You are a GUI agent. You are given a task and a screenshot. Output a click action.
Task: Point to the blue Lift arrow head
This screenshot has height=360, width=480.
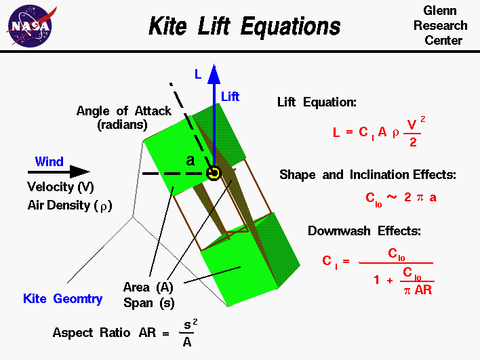point(214,73)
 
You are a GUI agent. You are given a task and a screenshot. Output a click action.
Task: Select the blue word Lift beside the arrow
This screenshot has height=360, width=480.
point(230,96)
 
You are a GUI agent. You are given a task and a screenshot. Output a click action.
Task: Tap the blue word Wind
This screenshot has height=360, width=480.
point(49,161)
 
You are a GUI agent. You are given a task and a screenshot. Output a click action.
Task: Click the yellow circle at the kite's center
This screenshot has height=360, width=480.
point(214,173)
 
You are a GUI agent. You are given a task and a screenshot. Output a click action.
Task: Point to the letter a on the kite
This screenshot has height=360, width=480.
point(191,161)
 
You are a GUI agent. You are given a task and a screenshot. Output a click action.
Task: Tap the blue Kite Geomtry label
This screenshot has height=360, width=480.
point(63,298)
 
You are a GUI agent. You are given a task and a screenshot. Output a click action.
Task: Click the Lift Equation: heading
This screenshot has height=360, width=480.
point(317,102)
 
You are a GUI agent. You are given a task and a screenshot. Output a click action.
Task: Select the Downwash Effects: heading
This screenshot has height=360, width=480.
point(364,231)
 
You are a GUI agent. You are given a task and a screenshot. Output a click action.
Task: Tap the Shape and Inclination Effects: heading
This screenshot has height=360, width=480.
point(367,174)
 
